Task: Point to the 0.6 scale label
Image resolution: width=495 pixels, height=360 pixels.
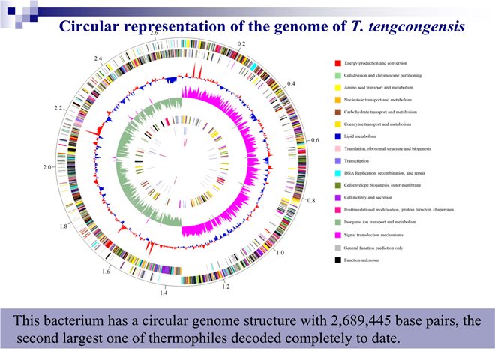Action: pyautogui.click(x=315, y=140)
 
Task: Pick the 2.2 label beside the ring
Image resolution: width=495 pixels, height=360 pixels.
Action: pyautogui.click(x=59, y=109)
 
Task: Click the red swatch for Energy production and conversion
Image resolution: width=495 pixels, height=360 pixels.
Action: pyautogui.click(x=339, y=62)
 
